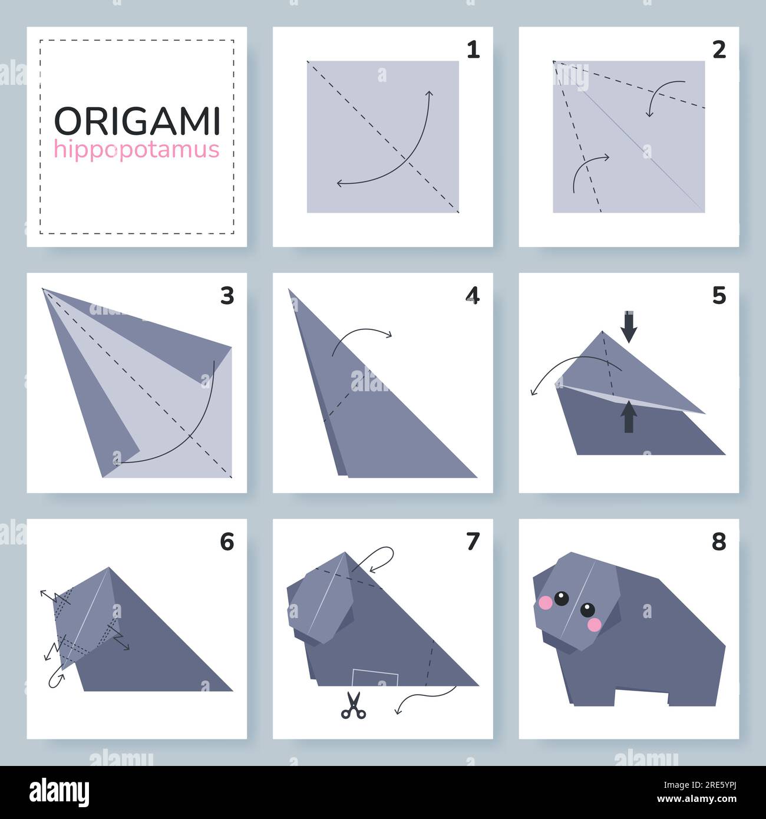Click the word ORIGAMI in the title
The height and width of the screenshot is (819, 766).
pos(137,121)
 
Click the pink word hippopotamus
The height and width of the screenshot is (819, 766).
pos(137,150)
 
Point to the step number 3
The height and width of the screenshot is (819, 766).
pos(227,296)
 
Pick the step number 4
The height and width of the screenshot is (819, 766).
pos(473,296)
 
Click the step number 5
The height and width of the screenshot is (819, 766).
pos(719,296)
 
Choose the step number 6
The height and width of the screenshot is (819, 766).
pos(227,541)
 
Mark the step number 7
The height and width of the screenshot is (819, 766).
pos(473,541)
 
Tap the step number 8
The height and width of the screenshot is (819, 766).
pos(719,541)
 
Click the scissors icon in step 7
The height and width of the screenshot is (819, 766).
pos(353,705)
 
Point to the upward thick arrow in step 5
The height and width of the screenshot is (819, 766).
pos(629,416)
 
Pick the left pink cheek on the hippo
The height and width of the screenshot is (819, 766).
pos(546,603)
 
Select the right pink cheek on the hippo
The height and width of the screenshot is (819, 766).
pos(595,624)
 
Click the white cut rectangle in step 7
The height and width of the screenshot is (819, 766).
pos(375,678)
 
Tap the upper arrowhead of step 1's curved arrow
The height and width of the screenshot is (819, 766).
pos(430,94)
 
